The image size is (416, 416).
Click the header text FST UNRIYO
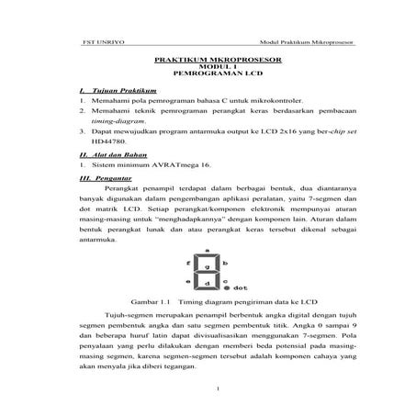coord(81,43)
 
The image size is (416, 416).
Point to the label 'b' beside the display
coord(225,262)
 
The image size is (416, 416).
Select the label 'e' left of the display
coord(187,280)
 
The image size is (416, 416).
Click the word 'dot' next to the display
coord(242,287)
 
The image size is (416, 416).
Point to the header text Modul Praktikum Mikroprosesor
coord(309,43)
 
